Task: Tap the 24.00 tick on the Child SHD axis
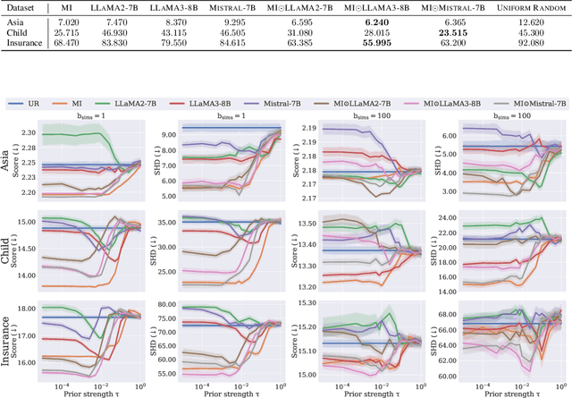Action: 446,216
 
